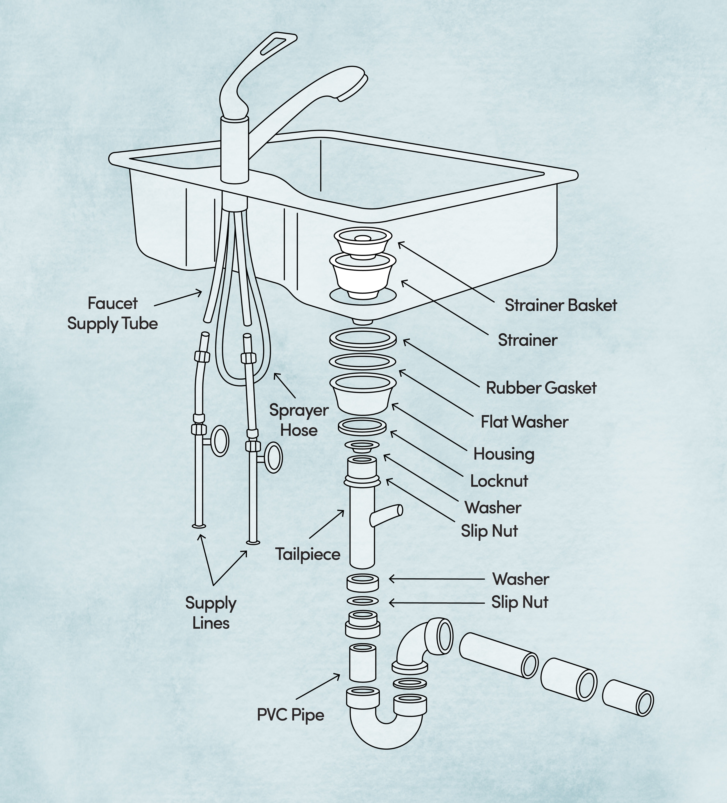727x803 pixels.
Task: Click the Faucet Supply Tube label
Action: pyautogui.click(x=112, y=313)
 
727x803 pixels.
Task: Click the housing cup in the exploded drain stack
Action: pyautogui.click(x=363, y=394)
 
